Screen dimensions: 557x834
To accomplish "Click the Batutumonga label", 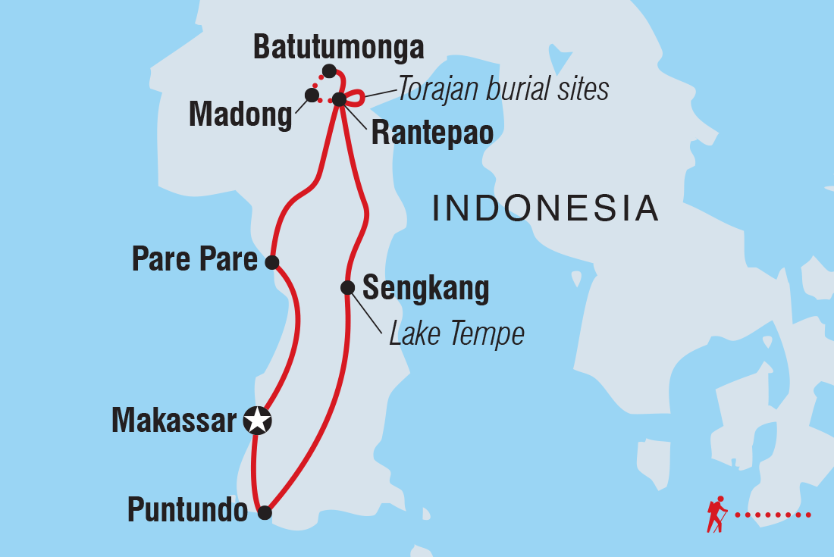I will click(x=338, y=48).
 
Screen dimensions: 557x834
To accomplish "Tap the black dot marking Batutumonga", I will click(x=328, y=71).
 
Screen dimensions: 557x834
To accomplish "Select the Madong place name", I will click(x=240, y=115).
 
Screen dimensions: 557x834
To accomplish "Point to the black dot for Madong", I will click(x=311, y=95).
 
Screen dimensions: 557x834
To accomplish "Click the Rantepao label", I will click(x=432, y=133).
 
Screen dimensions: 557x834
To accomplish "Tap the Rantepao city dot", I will click(x=339, y=99).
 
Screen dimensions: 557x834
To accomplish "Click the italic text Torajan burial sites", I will click(x=503, y=89).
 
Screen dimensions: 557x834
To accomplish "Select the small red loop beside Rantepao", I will click(x=357, y=97).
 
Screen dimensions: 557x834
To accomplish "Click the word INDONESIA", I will click(x=545, y=208).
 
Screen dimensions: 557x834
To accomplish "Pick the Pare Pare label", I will click(x=195, y=260).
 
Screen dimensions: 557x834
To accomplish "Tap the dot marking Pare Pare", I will click(x=272, y=262).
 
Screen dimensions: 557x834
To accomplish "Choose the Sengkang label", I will click(x=425, y=288).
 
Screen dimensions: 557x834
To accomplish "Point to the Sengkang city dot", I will click(x=347, y=287).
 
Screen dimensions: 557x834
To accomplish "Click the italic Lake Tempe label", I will click(x=456, y=333).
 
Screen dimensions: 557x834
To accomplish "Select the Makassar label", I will click(x=174, y=420).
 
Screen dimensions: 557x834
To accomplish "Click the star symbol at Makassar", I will click(x=257, y=419).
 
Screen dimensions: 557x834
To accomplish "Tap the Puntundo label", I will click(x=187, y=511).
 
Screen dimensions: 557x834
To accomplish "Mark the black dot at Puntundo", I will click(x=265, y=513).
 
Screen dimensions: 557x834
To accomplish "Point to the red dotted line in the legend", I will click(x=773, y=515).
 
